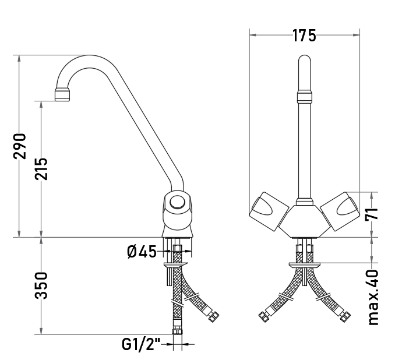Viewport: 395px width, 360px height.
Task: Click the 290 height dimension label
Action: pos(20,146)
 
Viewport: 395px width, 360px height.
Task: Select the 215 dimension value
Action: pos(41,169)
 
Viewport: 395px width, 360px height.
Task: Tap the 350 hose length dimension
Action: pos(41,285)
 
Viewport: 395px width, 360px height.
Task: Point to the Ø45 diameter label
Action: pos(142,252)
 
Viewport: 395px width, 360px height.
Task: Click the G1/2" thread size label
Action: pos(141,344)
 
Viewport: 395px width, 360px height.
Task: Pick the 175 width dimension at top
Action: pos(304,36)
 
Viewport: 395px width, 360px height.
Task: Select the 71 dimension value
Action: pos(372,214)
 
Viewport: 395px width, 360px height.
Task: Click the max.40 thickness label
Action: pos(373,297)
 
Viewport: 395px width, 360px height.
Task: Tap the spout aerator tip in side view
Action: pos(62,94)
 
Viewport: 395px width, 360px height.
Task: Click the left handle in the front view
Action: pos(269,211)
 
